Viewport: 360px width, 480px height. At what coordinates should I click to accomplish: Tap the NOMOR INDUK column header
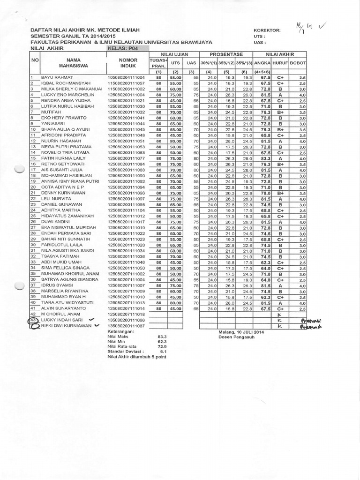coord(127,63)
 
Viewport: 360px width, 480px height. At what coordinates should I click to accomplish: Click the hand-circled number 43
coord(33,320)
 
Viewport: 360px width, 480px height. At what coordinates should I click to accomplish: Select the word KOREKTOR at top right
coord(267,30)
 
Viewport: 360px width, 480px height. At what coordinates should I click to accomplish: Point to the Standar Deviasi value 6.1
coord(164,351)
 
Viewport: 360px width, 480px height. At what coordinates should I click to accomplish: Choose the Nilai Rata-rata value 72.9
coord(163,346)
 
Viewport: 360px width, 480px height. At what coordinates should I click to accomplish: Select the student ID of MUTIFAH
coord(126,112)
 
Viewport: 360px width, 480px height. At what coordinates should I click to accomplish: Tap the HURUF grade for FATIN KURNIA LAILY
coord(280,158)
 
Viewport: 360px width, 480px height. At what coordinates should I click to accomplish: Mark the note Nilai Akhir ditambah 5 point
coord(136,356)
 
